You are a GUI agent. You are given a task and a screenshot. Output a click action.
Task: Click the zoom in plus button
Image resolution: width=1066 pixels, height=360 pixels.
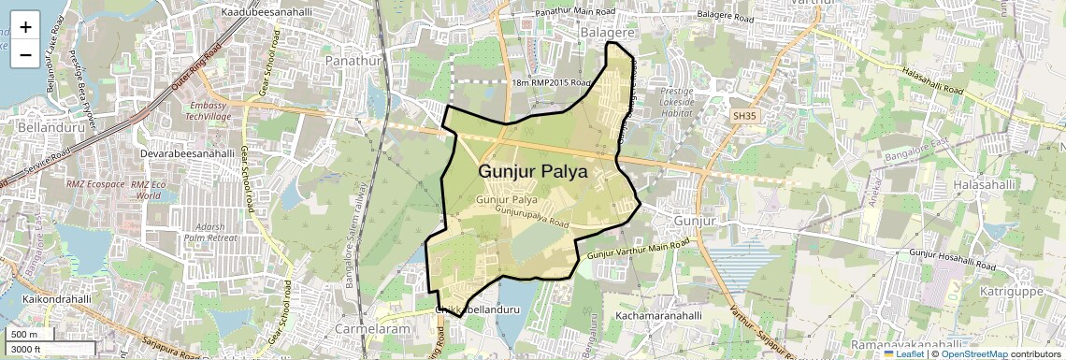click(25, 26)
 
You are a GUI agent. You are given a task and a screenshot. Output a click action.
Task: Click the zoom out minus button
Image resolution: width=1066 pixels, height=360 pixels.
click(25, 54)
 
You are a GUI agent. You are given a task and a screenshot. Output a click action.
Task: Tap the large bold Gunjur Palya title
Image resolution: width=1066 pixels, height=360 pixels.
click(533, 172)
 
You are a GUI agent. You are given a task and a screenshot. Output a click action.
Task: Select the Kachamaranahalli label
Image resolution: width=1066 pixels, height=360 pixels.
click(658, 316)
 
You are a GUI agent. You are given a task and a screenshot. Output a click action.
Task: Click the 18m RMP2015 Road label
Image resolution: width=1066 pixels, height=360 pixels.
click(552, 83)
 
